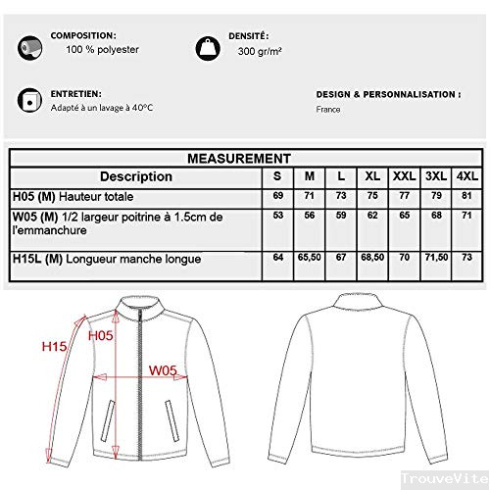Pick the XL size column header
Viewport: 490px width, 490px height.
[x=372, y=177]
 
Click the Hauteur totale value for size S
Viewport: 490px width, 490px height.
[x=277, y=196]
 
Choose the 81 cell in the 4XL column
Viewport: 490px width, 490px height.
[x=465, y=196]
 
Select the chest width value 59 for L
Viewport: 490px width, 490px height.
[x=341, y=215]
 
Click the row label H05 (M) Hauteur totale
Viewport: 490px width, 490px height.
[x=64, y=196]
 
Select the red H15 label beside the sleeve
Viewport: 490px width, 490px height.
[x=54, y=346]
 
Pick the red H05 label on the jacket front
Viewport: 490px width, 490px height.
[x=101, y=335]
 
